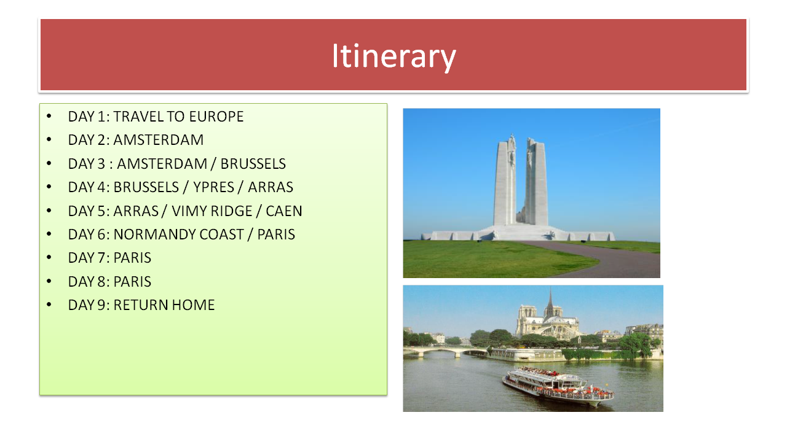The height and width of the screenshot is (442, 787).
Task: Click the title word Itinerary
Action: [394, 56]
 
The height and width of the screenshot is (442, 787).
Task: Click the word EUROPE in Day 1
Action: [216, 117]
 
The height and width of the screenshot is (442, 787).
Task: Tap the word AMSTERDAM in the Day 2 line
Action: [159, 141]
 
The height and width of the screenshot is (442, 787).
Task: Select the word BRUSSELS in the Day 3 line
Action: [253, 164]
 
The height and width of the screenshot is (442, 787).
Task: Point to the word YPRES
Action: [213, 187]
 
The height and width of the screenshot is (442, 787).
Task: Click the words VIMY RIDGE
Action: [212, 211]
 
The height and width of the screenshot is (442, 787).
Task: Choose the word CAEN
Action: [284, 211]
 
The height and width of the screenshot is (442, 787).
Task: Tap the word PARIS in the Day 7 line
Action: [132, 258]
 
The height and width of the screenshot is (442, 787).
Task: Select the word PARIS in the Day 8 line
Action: [132, 282]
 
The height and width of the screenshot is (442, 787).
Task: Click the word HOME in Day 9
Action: [193, 305]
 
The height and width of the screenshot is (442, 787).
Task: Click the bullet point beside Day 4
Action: [49, 187]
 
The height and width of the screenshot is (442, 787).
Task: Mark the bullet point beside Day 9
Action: [49, 305]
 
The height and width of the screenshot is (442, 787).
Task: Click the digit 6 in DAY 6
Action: [101, 235]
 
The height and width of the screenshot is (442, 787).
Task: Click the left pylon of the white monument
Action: [505, 180]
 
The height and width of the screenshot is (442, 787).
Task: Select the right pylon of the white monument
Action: [536, 182]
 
